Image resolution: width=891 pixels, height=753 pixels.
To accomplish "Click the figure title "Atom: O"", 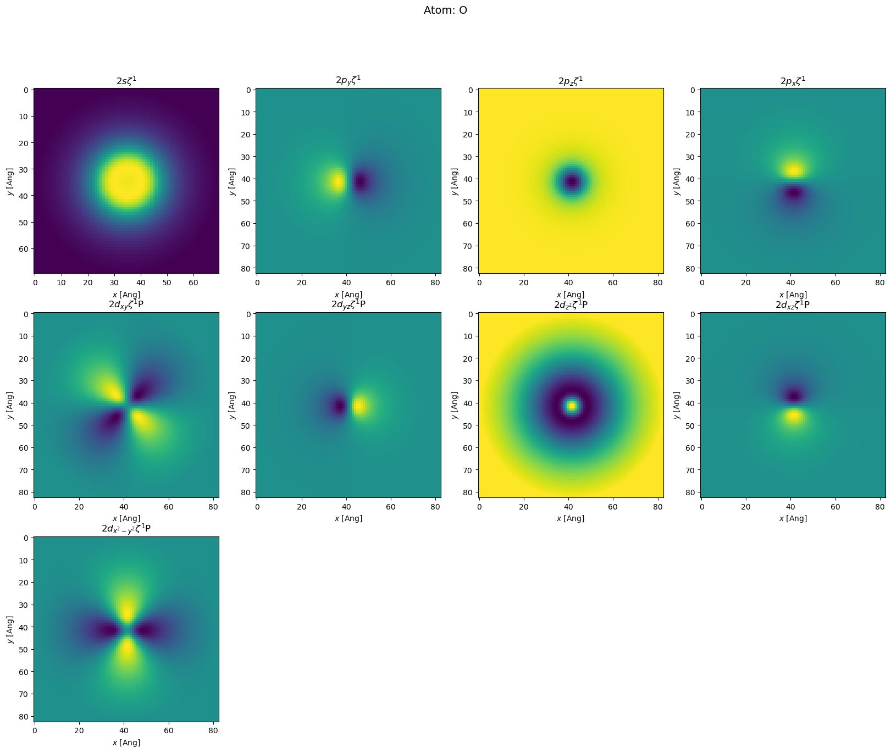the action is pos(445,10).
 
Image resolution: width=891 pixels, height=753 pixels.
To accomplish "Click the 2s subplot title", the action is pos(126,80).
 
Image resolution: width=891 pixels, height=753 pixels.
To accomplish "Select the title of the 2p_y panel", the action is pos(348,80).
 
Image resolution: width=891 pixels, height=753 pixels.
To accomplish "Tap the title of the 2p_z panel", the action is pos(571,81).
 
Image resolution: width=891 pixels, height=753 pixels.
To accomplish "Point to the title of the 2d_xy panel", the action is pos(126,304).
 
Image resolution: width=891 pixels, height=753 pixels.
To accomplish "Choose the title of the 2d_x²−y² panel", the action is pos(126,529).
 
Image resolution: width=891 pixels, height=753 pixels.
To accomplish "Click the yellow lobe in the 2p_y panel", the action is pos(337,181).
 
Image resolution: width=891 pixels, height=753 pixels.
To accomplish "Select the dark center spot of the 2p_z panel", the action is pos(572,181).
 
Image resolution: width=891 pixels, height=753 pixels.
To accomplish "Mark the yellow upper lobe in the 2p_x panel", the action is pos(793,170).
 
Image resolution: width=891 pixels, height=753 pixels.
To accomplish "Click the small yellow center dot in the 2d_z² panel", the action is pos(572,406).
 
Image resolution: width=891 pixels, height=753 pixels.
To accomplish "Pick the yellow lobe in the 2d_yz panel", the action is pos(359,406).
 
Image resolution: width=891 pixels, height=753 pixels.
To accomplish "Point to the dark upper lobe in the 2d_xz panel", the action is pos(793,395).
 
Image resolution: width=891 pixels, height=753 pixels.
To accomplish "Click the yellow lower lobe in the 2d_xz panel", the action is pos(793,416).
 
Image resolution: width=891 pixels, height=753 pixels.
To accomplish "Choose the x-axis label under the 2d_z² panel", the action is pos(571,518).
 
